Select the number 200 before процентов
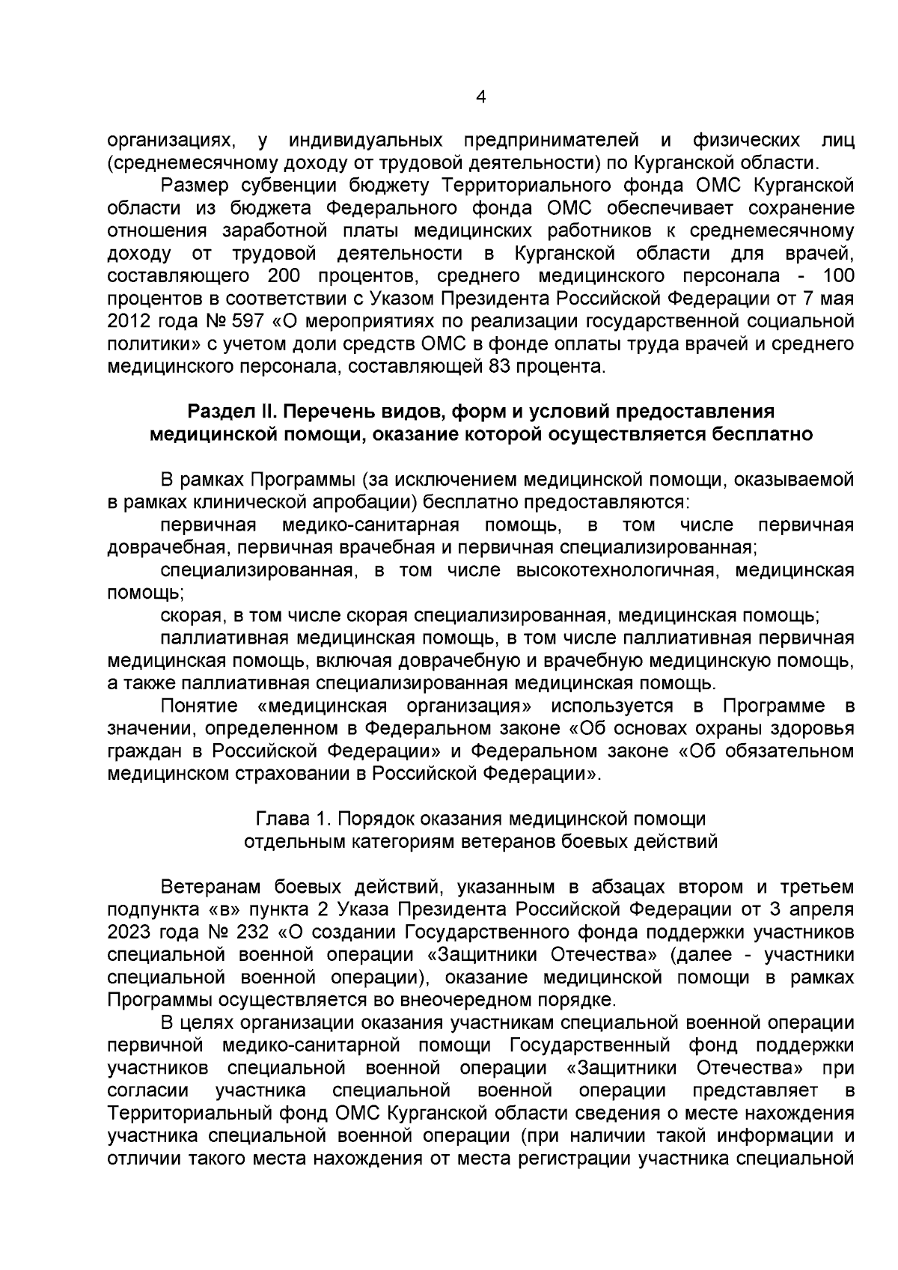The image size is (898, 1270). click(284, 276)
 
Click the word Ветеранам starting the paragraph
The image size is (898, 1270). click(211, 888)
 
